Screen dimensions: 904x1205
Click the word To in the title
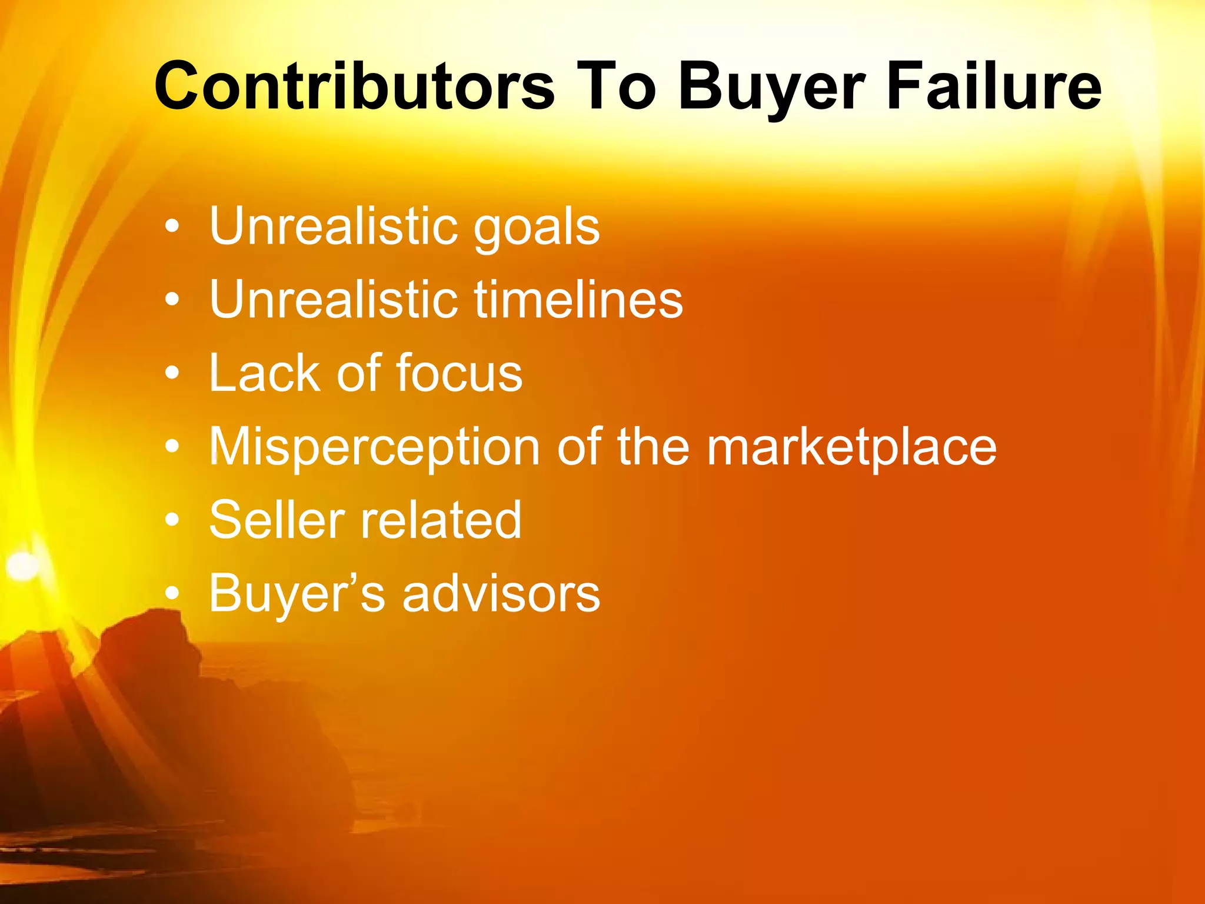(615, 87)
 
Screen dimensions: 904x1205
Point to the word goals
(537, 228)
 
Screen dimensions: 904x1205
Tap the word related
(441, 520)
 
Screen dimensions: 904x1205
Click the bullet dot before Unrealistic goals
(172, 227)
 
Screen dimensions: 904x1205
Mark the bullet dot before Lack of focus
(172, 373)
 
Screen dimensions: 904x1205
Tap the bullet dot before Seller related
(172, 520)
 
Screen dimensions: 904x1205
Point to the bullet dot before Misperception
(172, 447)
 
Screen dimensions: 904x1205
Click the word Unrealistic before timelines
(333, 300)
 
